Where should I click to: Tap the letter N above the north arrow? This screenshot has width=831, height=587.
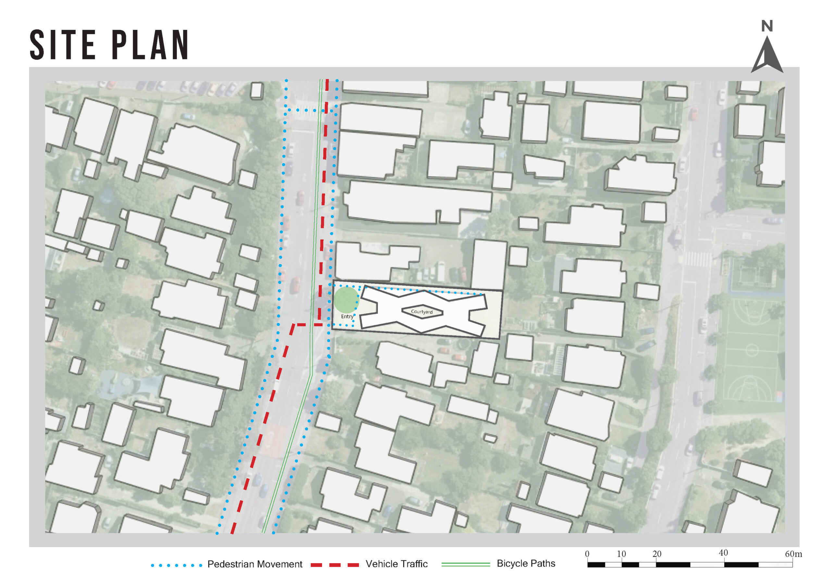(x=767, y=26)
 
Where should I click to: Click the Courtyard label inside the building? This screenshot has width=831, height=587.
(x=422, y=311)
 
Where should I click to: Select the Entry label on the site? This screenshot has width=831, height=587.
(x=347, y=317)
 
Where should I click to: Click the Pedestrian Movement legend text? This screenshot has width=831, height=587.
(x=254, y=564)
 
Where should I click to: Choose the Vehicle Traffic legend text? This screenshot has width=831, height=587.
(x=396, y=564)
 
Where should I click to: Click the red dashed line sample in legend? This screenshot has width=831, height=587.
(x=334, y=565)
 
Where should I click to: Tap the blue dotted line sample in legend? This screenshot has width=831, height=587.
(x=176, y=565)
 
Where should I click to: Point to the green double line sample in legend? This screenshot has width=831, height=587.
(x=465, y=564)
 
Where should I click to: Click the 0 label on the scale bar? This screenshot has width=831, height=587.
(x=587, y=554)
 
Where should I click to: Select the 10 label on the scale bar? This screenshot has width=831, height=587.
(x=621, y=554)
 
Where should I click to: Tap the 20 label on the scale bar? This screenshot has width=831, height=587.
(x=657, y=554)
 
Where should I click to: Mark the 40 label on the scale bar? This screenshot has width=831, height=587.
(x=723, y=553)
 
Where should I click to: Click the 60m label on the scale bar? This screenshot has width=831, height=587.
(x=793, y=554)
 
